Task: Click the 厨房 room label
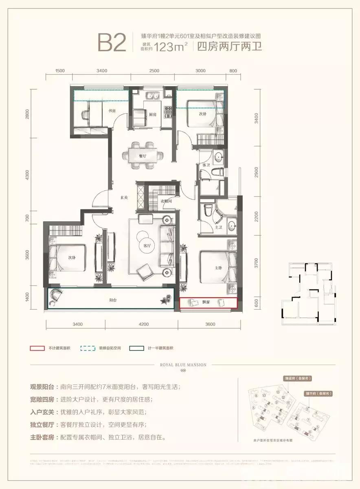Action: point(152,115)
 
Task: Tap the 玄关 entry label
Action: point(124,197)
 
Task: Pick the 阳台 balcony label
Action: point(113,300)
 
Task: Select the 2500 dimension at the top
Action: point(154,71)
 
